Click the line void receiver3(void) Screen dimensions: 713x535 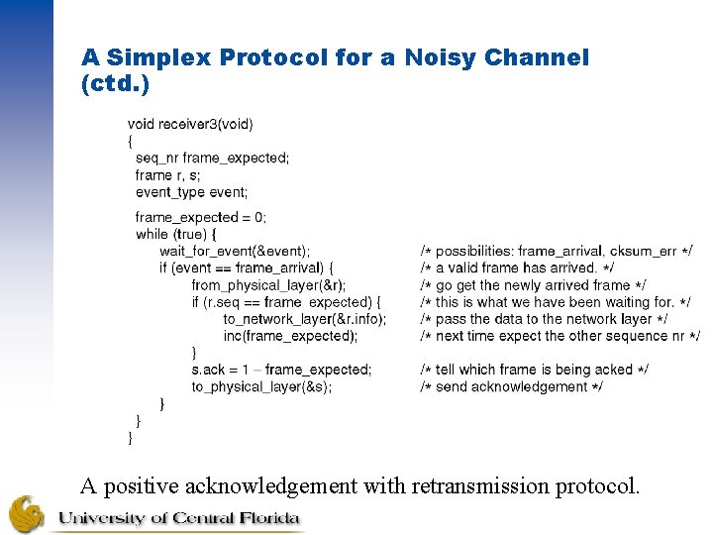(x=190, y=124)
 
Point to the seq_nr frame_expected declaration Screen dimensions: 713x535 (x=212, y=159)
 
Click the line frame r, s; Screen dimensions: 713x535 (x=167, y=175)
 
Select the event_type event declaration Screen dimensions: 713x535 (x=191, y=192)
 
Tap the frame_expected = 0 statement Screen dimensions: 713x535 (x=200, y=217)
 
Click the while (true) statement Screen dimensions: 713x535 (x=175, y=234)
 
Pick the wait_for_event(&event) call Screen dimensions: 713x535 (x=234, y=251)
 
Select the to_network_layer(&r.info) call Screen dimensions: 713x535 (x=304, y=319)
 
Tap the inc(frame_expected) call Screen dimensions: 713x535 (x=290, y=336)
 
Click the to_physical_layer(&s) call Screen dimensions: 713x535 (x=261, y=386)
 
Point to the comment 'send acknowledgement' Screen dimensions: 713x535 (x=511, y=386)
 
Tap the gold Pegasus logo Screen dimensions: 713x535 (x=26, y=514)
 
